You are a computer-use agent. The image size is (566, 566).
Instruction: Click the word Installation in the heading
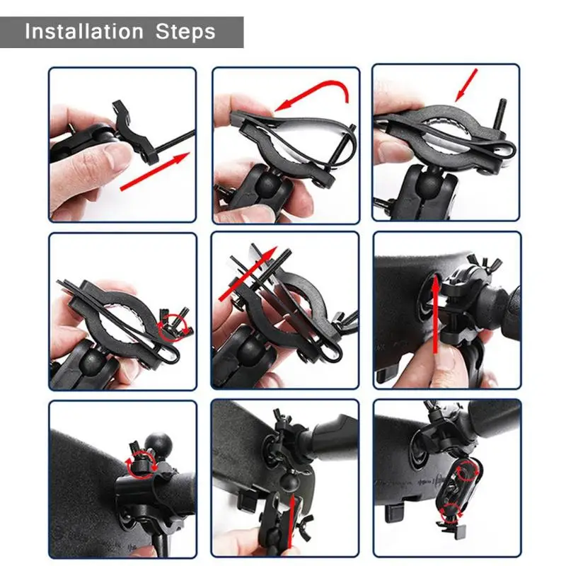pyautogui.click(x=83, y=32)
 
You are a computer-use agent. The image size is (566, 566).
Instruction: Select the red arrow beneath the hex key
pyautogui.click(x=156, y=171)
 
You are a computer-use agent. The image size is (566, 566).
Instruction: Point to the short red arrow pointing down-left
pyautogui.click(x=467, y=84)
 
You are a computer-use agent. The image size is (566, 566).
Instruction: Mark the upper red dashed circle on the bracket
pyautogui.click(x=467, y=472)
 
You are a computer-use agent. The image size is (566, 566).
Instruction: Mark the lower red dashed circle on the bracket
pyautogui.click(x=449, y=513)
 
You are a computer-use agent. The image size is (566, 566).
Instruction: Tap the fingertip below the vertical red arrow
pyautogui.click(x=442, y=361)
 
